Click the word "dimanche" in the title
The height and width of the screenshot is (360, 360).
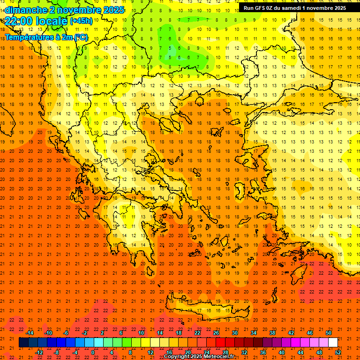point(25,10)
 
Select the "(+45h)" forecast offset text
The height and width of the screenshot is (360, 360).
point(81,21)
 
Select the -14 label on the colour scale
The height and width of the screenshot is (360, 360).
point(30,333)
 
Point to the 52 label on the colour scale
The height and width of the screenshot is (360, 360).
point(338,352)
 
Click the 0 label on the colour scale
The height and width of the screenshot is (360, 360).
point(93,352)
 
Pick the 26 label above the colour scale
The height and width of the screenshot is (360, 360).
point(216,333)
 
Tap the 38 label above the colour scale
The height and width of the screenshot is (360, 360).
point(272,333)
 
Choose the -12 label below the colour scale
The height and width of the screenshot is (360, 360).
point(39,352)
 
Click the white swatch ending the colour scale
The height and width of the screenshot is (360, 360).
point(333,343)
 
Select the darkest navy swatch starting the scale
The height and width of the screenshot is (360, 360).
point(23,343)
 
